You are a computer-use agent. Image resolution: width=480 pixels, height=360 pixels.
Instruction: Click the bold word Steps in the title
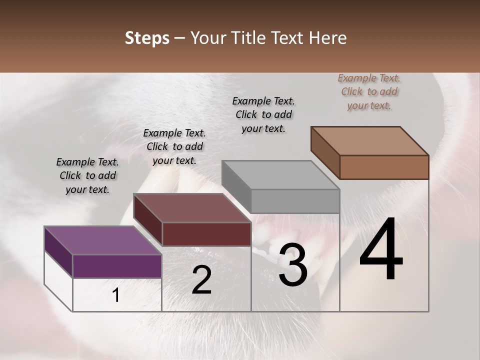pos(147,38)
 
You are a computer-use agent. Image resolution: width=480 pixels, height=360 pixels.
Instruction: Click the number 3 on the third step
pos(293,265)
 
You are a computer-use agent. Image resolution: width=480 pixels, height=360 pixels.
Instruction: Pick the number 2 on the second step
pos(201,280)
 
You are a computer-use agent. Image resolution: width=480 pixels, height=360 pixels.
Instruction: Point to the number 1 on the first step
pos(116,295)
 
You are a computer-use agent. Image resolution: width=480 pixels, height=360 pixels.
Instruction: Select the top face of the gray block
pos(280,175)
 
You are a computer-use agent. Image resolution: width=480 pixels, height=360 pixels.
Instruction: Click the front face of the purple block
pos(117,266)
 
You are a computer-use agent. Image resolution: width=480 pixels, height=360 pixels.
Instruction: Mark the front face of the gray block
pos(295,201)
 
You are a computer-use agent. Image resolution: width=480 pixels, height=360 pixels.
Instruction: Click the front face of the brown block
pos(384,167)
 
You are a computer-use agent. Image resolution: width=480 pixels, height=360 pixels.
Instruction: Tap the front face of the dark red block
pos(206,234)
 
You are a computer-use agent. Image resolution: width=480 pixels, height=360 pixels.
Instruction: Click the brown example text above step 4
pos(369,91)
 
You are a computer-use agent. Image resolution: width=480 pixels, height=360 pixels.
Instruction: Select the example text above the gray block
pos(263,114)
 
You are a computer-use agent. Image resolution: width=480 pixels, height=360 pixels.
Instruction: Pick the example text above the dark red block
pos(174,146)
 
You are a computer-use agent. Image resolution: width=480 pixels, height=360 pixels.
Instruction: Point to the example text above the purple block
pos(87,175)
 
